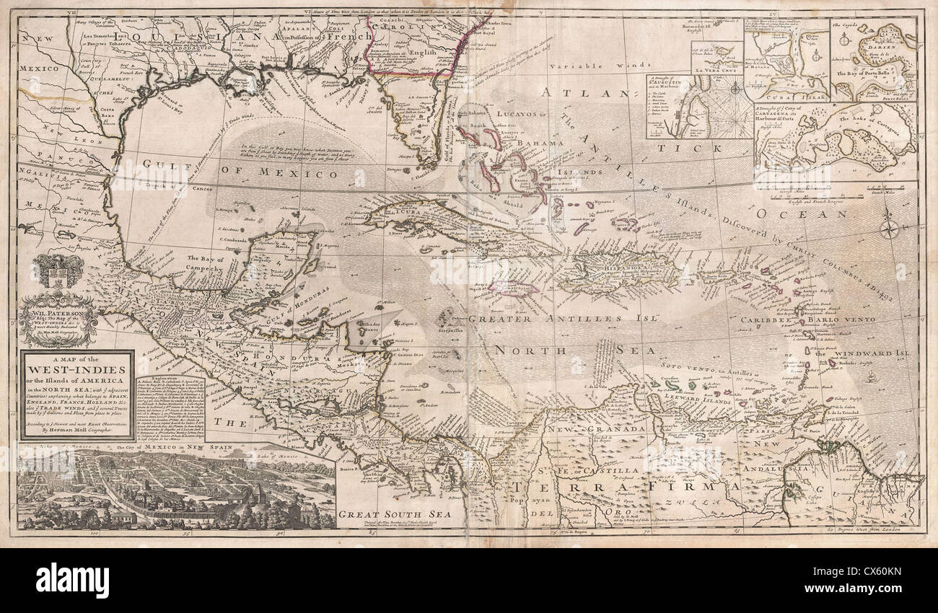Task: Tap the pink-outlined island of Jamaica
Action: [506, 288]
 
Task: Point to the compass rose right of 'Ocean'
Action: [890, 230]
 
